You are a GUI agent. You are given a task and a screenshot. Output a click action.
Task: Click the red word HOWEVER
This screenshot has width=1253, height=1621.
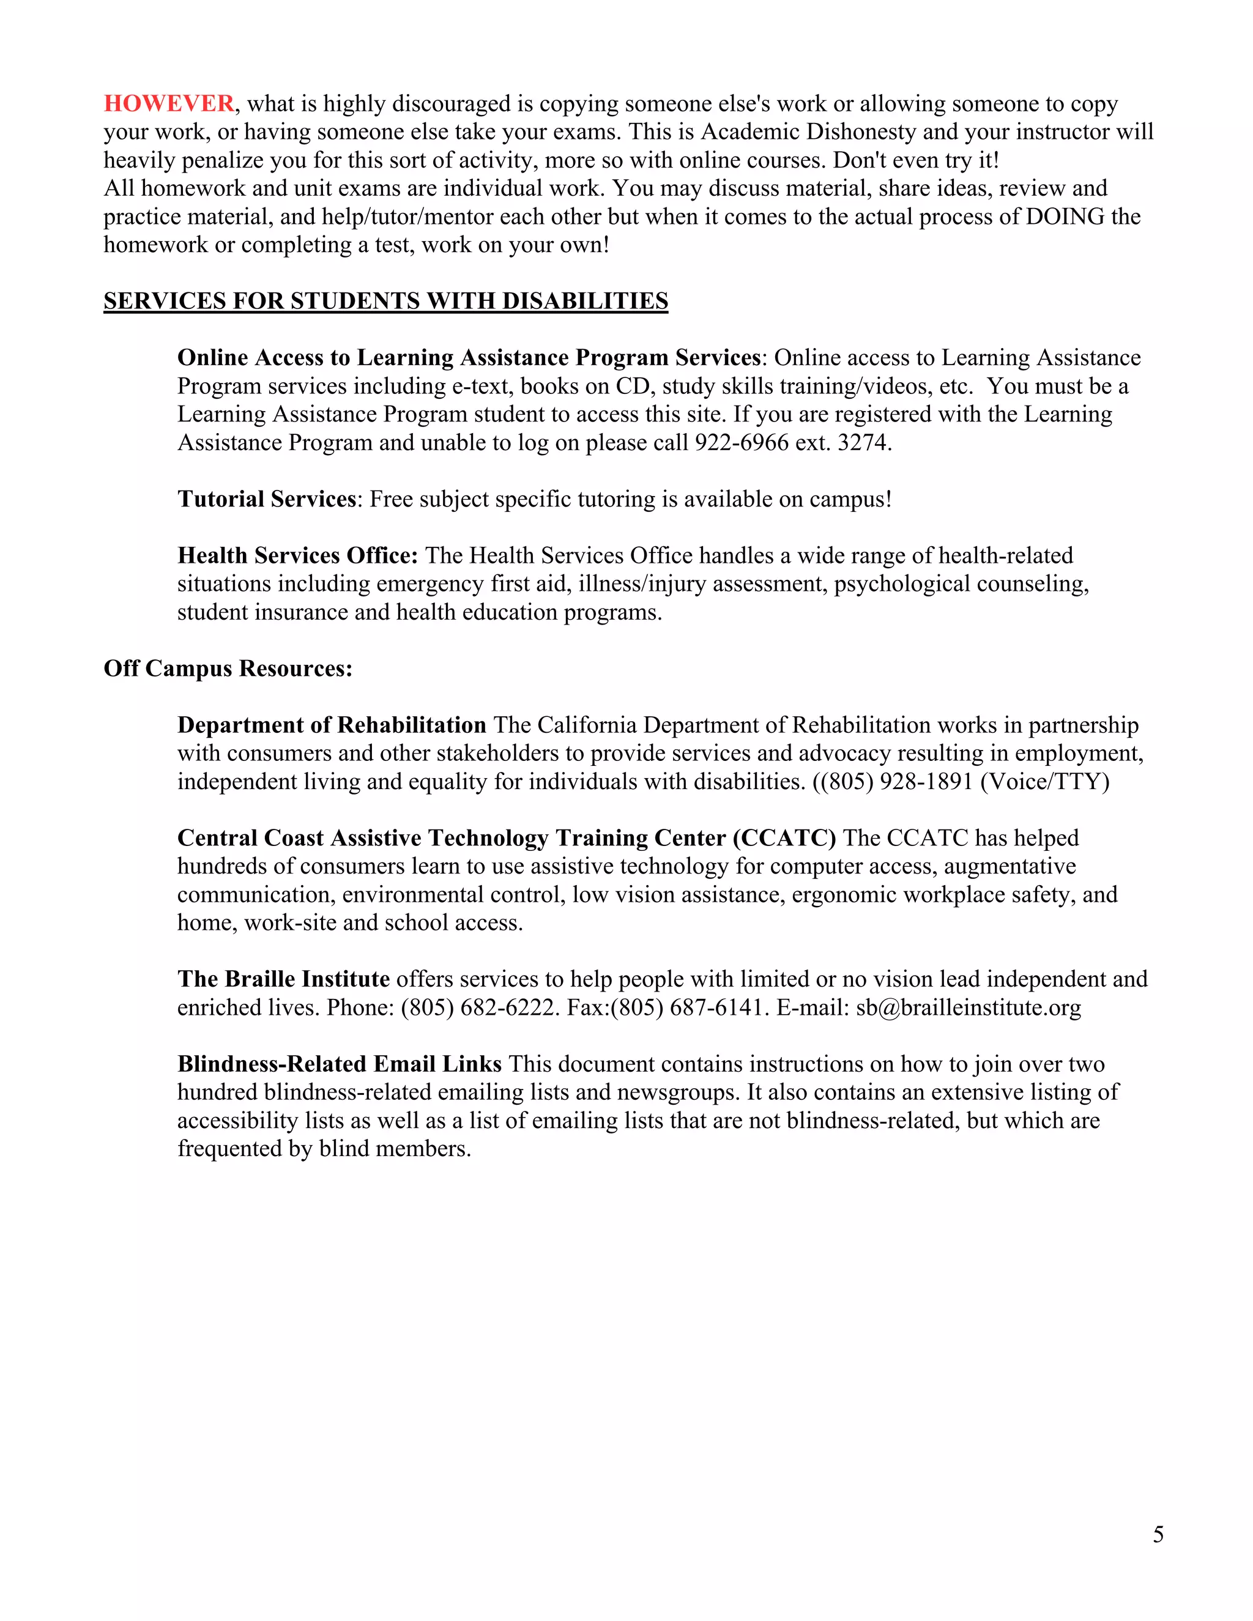tap(168, 103)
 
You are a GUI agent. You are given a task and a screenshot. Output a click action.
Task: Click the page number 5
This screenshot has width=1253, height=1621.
tap(1158, 1534)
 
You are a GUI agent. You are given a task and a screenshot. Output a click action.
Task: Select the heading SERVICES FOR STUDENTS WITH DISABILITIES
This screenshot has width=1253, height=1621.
tap(385, 302)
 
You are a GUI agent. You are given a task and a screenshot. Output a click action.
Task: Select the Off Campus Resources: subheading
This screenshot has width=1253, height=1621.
tap(228, 669)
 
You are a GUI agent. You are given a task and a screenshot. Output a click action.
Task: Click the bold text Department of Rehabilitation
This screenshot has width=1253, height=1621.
tap(331, 725)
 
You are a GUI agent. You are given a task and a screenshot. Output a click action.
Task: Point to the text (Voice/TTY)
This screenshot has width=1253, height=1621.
tap(1044, 782)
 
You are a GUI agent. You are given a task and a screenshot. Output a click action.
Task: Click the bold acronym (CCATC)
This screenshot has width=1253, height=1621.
tap(784, 838)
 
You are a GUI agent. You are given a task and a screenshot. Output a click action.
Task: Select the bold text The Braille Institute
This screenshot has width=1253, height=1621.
tap(283, 980)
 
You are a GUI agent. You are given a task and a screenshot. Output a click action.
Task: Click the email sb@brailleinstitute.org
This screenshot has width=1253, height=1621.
tap(968, 1008)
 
